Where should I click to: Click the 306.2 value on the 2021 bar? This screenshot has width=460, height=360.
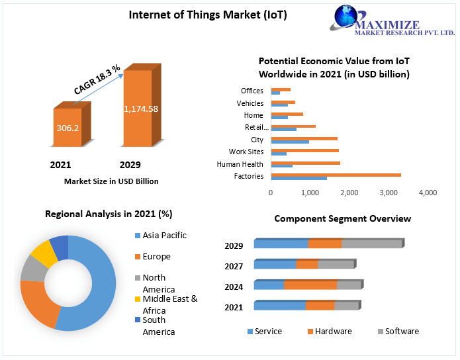click(x=68, y=128)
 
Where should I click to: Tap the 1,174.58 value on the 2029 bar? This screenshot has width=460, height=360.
click(x=141, y=109)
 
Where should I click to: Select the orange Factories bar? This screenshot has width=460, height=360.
click(x=336, y=175)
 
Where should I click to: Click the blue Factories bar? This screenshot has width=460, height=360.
click(x=299, y=178)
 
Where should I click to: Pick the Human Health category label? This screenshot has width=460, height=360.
click(x=240, y=164)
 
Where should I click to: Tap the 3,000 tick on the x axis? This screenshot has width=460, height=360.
click(x=389, y=193)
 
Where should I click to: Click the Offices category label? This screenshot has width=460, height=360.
click(x=252, y=91)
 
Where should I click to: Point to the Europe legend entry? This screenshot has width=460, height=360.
click(x=156, y=257)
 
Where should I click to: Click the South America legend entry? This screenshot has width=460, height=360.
click(x=154, y=325)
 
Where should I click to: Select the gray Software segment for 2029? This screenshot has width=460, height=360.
click(x=372, y=244)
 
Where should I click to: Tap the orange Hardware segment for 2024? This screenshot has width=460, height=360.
click(x=310, y=285)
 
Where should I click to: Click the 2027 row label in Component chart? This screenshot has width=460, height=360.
click(x=234, y=267)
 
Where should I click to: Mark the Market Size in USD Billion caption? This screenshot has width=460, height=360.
click(x=111, y=181)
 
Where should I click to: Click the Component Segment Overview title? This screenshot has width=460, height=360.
click(x=342, y=218)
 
